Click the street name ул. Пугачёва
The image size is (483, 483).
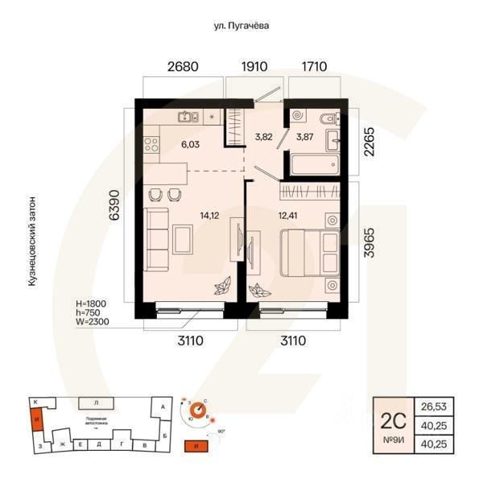(236, 26)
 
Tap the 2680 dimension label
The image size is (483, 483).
(183, 67)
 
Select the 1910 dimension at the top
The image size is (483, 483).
(257, 67)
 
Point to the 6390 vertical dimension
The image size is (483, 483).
(115, 206)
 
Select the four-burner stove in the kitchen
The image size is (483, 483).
(150, 145)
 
